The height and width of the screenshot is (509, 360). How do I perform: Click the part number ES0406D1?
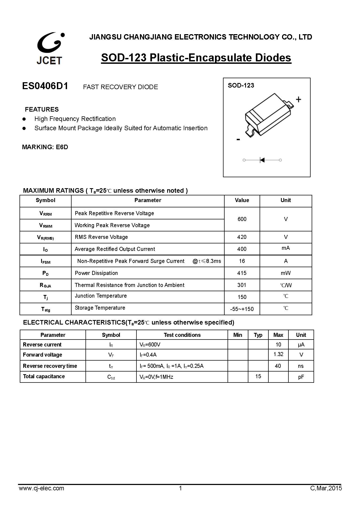click(x=45, y=86)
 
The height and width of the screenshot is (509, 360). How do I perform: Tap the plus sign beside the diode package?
click(x=298, y=100)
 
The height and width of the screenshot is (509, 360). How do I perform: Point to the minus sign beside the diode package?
click(x=238, y=139)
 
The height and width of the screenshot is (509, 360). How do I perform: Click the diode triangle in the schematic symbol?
click(x=262, y=160)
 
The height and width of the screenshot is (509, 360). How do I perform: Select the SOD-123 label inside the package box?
click(x=241, y=85)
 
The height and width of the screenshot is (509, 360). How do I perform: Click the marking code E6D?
click(x=62, y=147)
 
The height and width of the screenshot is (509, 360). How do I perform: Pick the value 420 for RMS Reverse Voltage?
click(x=242, y=237)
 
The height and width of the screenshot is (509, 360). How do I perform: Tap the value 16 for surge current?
click(x=242, y=261)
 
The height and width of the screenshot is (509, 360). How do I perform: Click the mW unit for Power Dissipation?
click(x=285, y=273)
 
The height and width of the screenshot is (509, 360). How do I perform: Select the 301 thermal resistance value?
click(x=242, y=285)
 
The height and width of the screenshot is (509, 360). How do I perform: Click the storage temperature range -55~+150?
click(x=242, y=309)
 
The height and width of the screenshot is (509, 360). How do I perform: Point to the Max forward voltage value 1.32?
click(x=278, y=354)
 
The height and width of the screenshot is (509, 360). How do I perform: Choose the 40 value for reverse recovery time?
click(x=278, y=366)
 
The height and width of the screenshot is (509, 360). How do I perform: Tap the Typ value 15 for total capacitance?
click(x=258, y=376)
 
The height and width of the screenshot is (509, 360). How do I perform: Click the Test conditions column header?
click(x=182, y=335)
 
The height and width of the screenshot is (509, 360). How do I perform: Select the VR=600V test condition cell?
click(x=150, y=345)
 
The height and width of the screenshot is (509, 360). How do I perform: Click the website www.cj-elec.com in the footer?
click(x=41, y=488)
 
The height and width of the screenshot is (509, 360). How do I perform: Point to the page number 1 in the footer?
click(x=181, y=488)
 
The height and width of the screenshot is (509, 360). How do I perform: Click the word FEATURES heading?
click(x=42, y=109)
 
